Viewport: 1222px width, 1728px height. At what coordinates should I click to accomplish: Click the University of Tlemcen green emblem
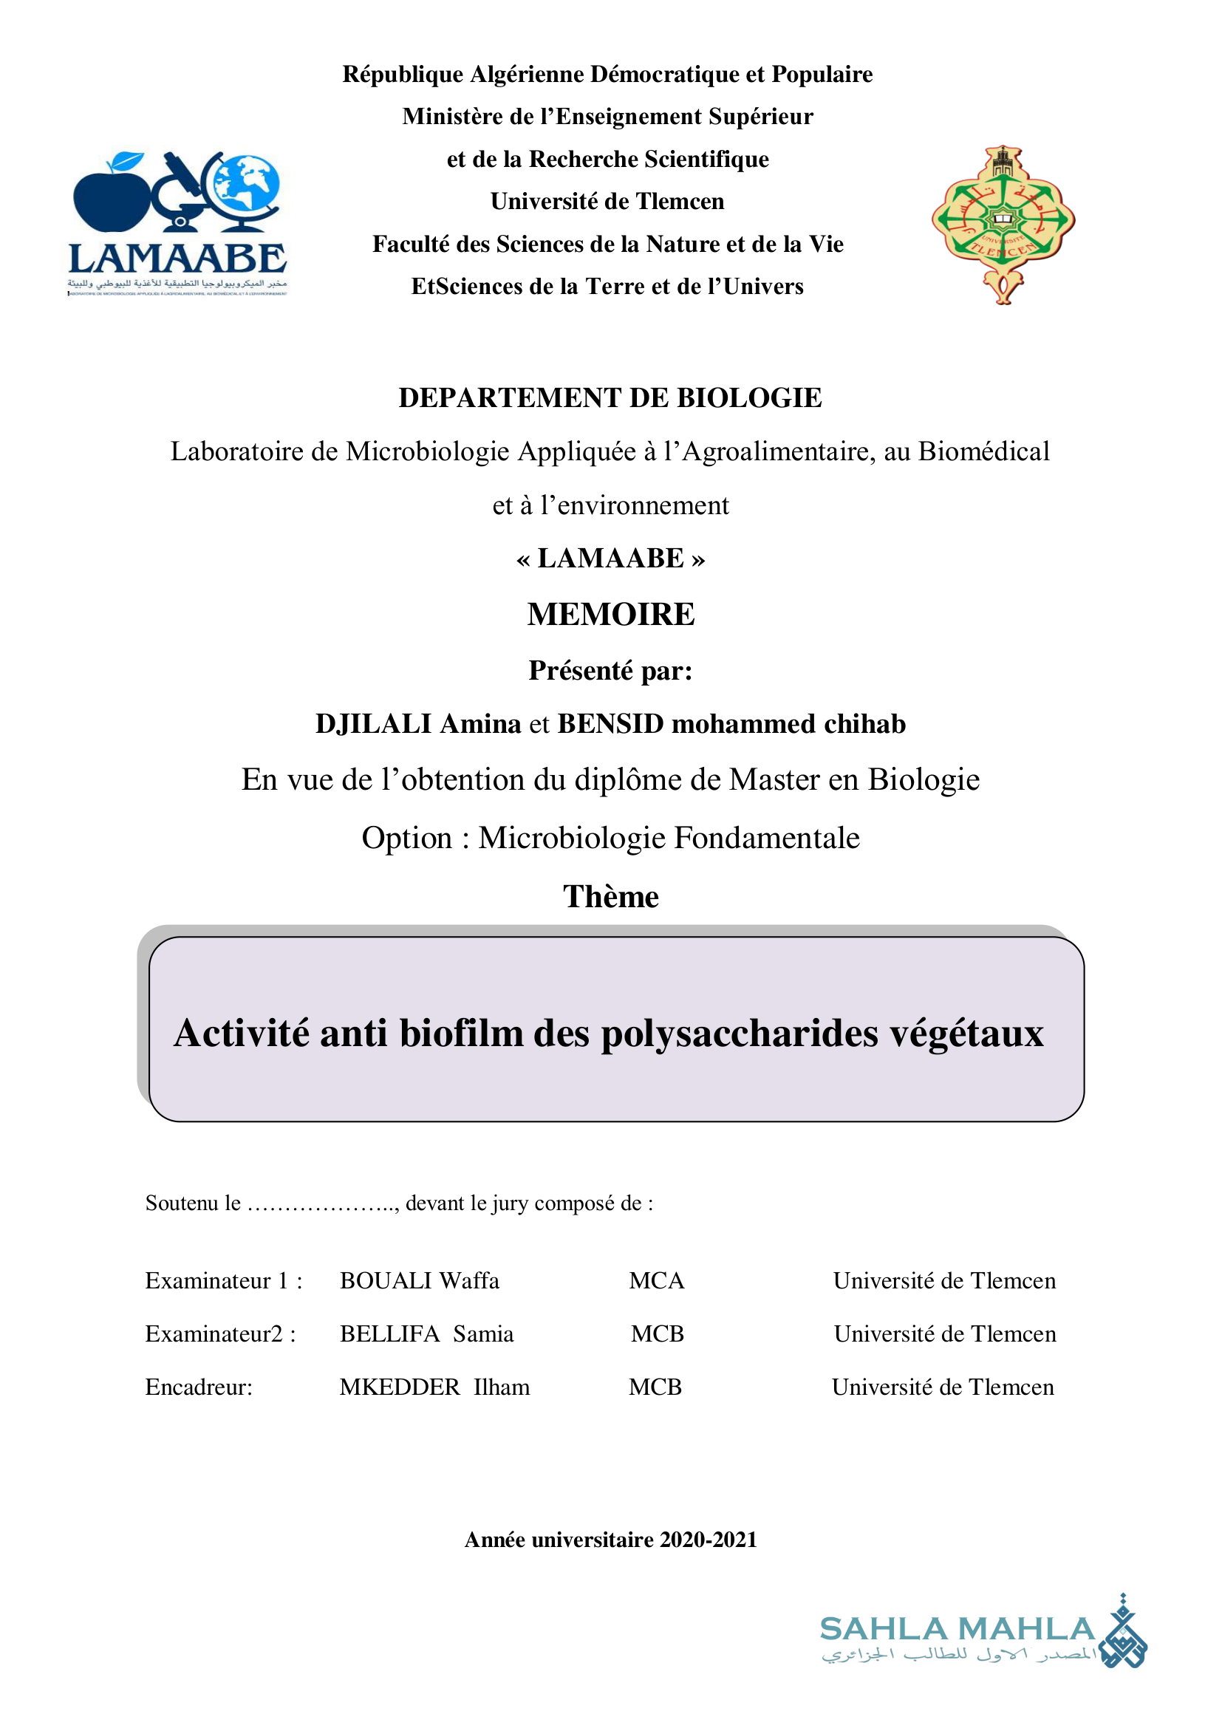pyautogui.click(x=1003, y=224)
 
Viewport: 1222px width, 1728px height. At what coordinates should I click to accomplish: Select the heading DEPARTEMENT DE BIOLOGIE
pyautogui.click(x=610, y=398)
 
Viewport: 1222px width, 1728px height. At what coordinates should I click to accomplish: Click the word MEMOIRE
pyautogui.click(x=610, y=614)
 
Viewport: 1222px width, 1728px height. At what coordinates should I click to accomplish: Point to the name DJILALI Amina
pyautogui.click(x=417, y=724)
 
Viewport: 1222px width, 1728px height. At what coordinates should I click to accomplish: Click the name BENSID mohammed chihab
pyautogui.click(x=731, y=724)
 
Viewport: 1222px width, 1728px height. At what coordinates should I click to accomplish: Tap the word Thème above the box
pyautogui.click(x=610, y=897)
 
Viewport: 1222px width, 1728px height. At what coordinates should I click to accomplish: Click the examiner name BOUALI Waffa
pyautogui.click(x=419, y=1281)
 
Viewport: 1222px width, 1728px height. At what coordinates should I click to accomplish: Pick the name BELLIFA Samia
pyautogui.click(x=426, y=1334)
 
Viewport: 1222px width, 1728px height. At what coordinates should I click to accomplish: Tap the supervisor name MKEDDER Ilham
pyautogui.click(x=434, y=1387)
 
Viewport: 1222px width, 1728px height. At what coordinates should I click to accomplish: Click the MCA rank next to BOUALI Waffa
pyautogui.click(x=657, y=1281)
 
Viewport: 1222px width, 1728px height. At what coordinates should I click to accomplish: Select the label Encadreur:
pyautogui.click(x=199, y=1387)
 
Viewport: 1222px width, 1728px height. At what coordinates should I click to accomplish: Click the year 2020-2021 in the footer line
pyautogui.click(x=708, y=1540)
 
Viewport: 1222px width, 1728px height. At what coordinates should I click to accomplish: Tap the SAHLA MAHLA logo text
pyautogui.click(x=957, y=1630)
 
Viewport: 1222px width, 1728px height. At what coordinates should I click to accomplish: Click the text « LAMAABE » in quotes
pyautogui.click(x=610, y=559)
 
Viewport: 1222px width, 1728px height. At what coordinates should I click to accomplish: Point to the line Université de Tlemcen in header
pyautogui.click(x=607, y=202)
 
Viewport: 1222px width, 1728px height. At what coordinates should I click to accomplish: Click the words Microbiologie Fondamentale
pyautogui.click(x=668, y=839)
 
